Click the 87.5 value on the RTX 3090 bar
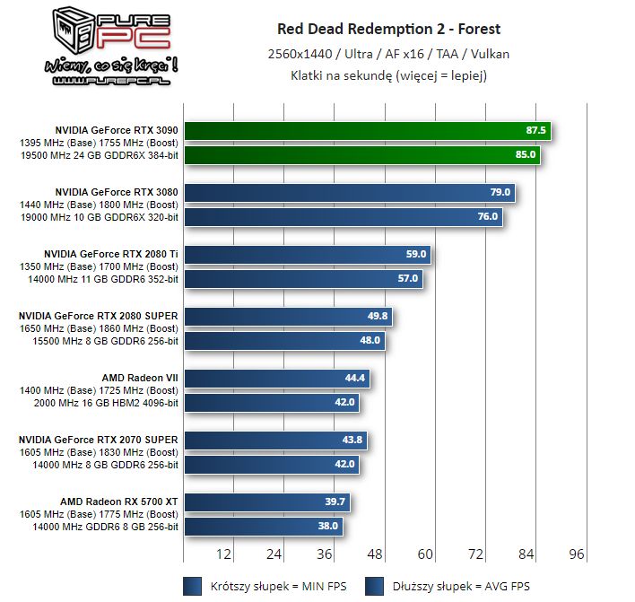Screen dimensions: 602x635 pos(536,131)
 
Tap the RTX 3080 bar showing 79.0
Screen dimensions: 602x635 pos(350,193)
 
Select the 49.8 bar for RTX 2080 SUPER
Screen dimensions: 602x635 pos(288,317)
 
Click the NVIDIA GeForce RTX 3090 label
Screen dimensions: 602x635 pos(117,130)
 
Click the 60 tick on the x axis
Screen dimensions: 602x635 pos(425,554)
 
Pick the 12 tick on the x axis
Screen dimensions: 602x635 pos(224,554)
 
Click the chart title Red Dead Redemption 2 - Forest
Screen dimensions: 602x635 pos(388,29)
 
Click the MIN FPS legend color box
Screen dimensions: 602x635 pos(192,587)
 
